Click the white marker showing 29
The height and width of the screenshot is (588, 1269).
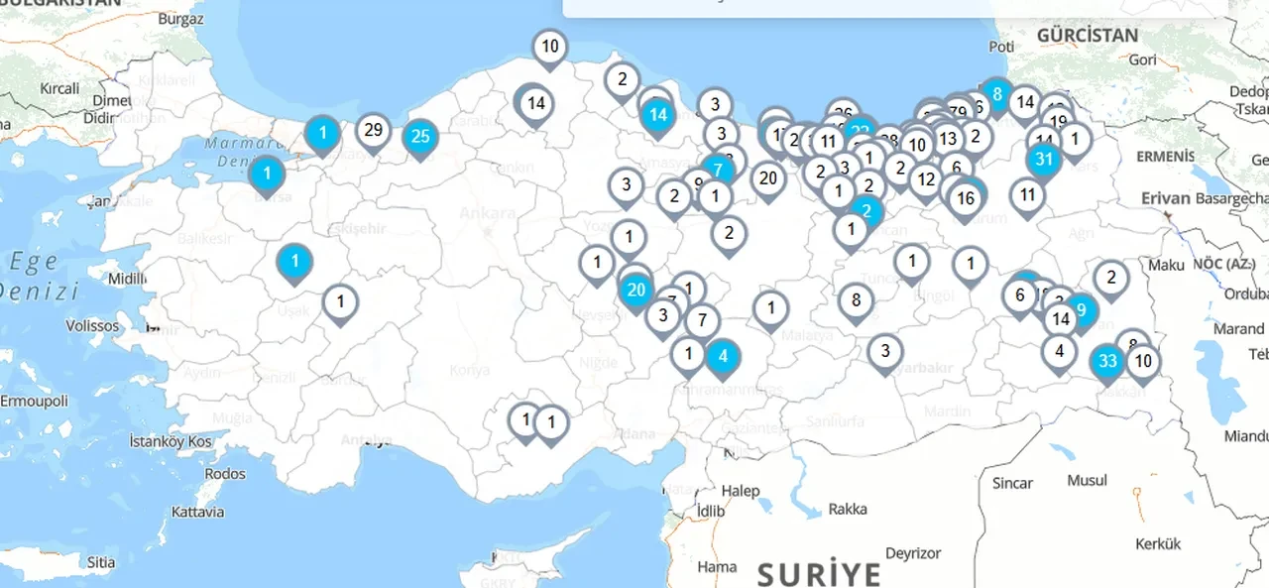click(373, 130)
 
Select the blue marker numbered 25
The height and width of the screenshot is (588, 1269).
click(420, 137)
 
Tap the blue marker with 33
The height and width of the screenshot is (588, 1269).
click(1108, 361)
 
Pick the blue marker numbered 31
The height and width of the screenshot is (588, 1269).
click(1044, 159)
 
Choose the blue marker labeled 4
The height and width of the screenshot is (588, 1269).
click(723, 357)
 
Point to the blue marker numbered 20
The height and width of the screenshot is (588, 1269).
click(636, 291)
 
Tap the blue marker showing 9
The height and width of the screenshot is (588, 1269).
click(1081, 308)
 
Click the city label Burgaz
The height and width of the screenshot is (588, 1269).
click(180, 18)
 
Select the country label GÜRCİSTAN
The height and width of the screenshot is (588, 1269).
click(1088, 35)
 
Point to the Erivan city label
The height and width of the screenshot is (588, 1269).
click(1165, 198)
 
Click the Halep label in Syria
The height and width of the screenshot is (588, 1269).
click(741, 491)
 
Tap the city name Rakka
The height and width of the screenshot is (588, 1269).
click(848, 509)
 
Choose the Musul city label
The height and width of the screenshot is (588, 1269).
click(1087, 480)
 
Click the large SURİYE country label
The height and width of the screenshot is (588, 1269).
click(819, 574)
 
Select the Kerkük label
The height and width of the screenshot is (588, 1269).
click(1158, 543)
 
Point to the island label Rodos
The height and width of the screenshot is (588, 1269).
click(225, 473)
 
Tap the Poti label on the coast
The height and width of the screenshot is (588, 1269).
click(1001, 47)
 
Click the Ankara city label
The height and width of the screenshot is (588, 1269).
click(488, 213)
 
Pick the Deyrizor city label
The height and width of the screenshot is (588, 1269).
click(912, 552)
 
